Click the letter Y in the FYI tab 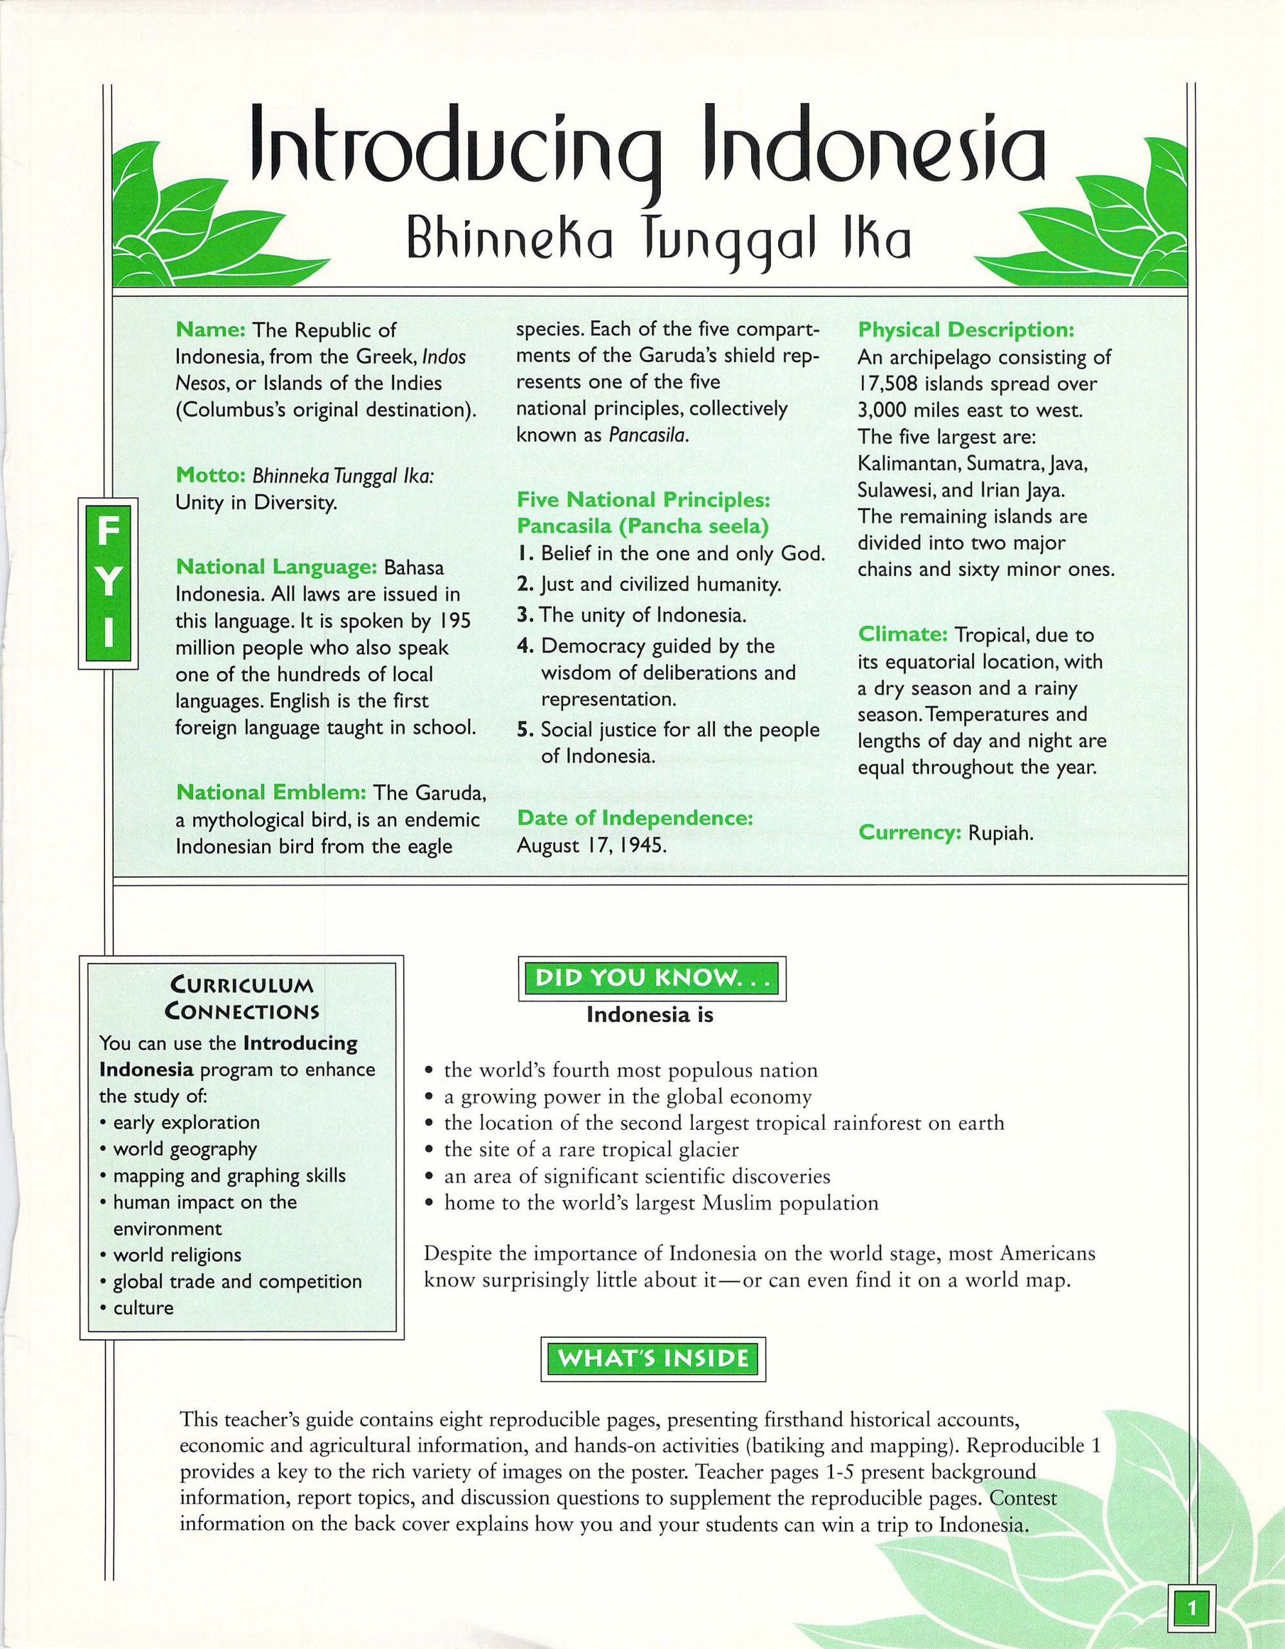(x=109, y=582)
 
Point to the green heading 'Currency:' (x=909, y=833)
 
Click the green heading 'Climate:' (x=902, y=634)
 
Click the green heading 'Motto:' (x=211, y=475)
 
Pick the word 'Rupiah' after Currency (x=1000, y=834)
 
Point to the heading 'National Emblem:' (x=271, y=792)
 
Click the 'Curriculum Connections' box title (x=242, y=997)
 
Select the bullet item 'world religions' (x=176, y=1255)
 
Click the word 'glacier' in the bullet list (x=705, y=1149)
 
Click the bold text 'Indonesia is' (x=649, y=1015)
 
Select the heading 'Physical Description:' (x=966, y=330)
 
